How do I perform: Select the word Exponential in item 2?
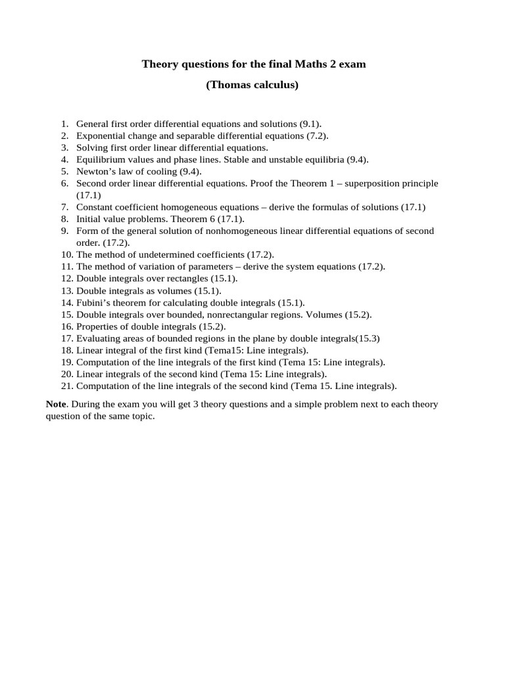click(x=101, y=135)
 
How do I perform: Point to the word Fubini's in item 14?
click(x=92, y=302)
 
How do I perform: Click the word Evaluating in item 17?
click(x=98, y=338)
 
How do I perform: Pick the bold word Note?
click(x=57, y=404)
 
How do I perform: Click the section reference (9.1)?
click(x=311, y=124)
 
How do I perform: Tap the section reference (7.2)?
click(x=318, y=135)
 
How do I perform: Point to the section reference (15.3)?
click(x=368, y=338)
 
